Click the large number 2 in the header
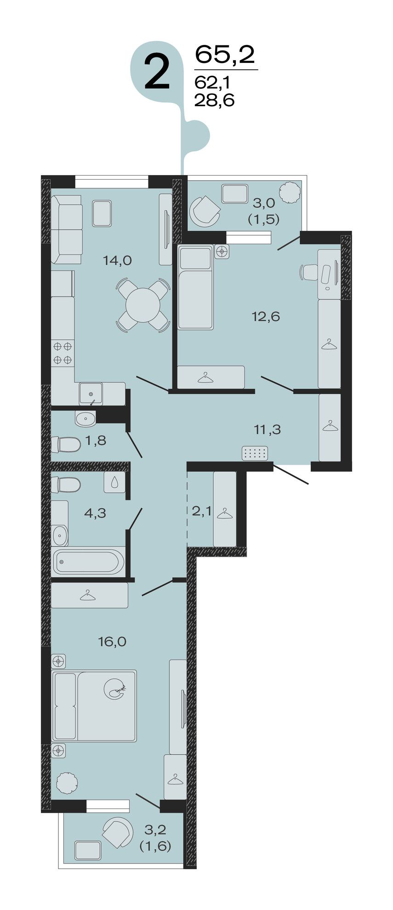click(x=157, y=72)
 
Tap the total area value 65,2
click(x=225, y=55)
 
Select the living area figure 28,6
click(x=214, y=99)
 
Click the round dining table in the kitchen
click(x=143, y=305)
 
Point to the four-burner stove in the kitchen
click(x=63, y=353)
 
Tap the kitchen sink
click(x=91, y=393)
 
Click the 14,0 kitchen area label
click(x=117, y=261)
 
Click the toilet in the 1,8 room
click(x=66, y=444)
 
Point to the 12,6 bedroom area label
click(x=266, y=316)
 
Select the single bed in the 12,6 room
click(x=195, y=287)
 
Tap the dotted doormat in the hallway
click(x=255, y=453)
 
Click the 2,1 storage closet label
click(x=201, y=511)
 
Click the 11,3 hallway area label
click(x=267, y=430)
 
